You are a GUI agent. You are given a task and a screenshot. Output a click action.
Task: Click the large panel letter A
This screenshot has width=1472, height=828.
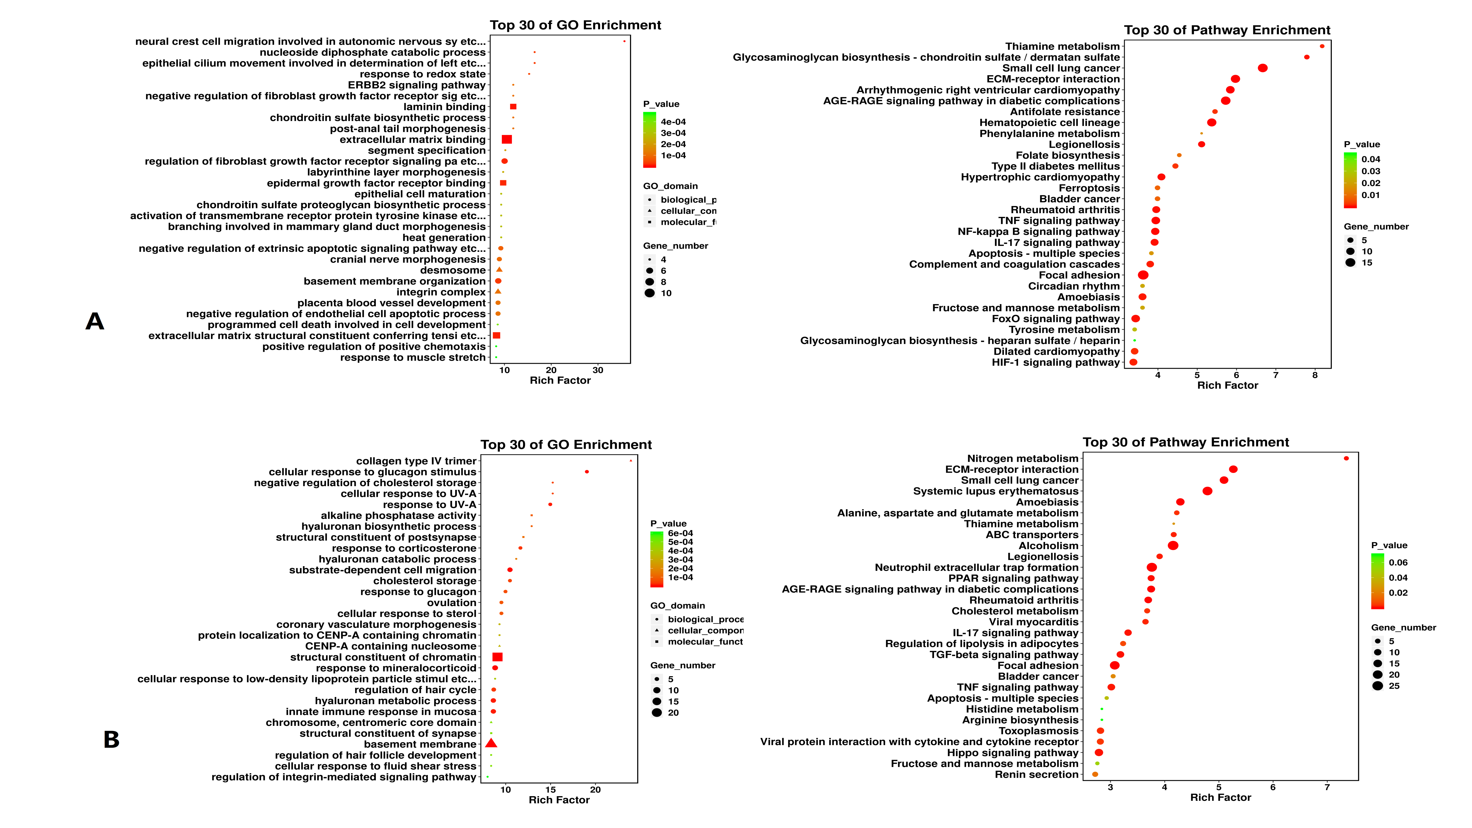click(95, 321)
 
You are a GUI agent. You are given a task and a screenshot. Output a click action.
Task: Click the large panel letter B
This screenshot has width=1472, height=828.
click(111, 739)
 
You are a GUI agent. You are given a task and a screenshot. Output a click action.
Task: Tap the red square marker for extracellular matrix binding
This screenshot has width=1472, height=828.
click(506, 139)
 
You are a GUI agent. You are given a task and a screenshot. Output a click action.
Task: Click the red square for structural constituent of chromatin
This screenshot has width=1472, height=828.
click(497, 657)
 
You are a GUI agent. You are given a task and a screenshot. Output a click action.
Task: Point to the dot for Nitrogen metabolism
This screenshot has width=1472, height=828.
click(1346, 458)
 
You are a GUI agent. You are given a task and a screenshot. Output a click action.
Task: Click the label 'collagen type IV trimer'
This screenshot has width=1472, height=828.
click(416, 461)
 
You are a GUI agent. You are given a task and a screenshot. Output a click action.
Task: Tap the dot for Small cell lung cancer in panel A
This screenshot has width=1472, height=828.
click(1263, 68)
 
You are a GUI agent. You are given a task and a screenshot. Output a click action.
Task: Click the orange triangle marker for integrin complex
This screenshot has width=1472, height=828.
click(498, 291)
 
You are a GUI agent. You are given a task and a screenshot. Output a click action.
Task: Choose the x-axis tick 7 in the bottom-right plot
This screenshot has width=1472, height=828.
click(1327, 787)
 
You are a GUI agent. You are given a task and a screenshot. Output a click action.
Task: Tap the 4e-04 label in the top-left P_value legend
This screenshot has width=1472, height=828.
click(673, 122)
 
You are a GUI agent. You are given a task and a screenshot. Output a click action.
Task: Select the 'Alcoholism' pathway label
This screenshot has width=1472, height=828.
click(1049, 546)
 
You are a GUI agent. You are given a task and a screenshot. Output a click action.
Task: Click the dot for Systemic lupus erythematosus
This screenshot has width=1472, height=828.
click(1207, 491)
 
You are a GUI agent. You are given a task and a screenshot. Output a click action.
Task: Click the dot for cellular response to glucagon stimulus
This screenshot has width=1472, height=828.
click(587, 472)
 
